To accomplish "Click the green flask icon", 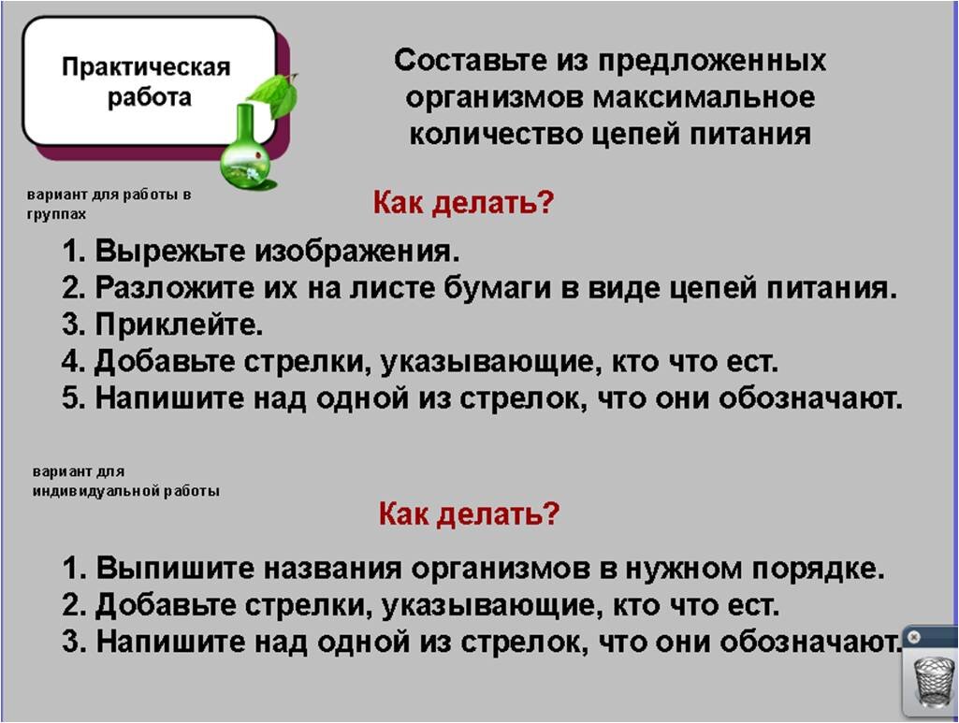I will click(x=244, y=150).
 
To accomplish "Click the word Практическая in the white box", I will click(x=146, y=67).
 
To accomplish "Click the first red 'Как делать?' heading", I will click(x=464, y=202).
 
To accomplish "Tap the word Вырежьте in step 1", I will click(x=170, y=253).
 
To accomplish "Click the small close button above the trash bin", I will click(x=914, y=638).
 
